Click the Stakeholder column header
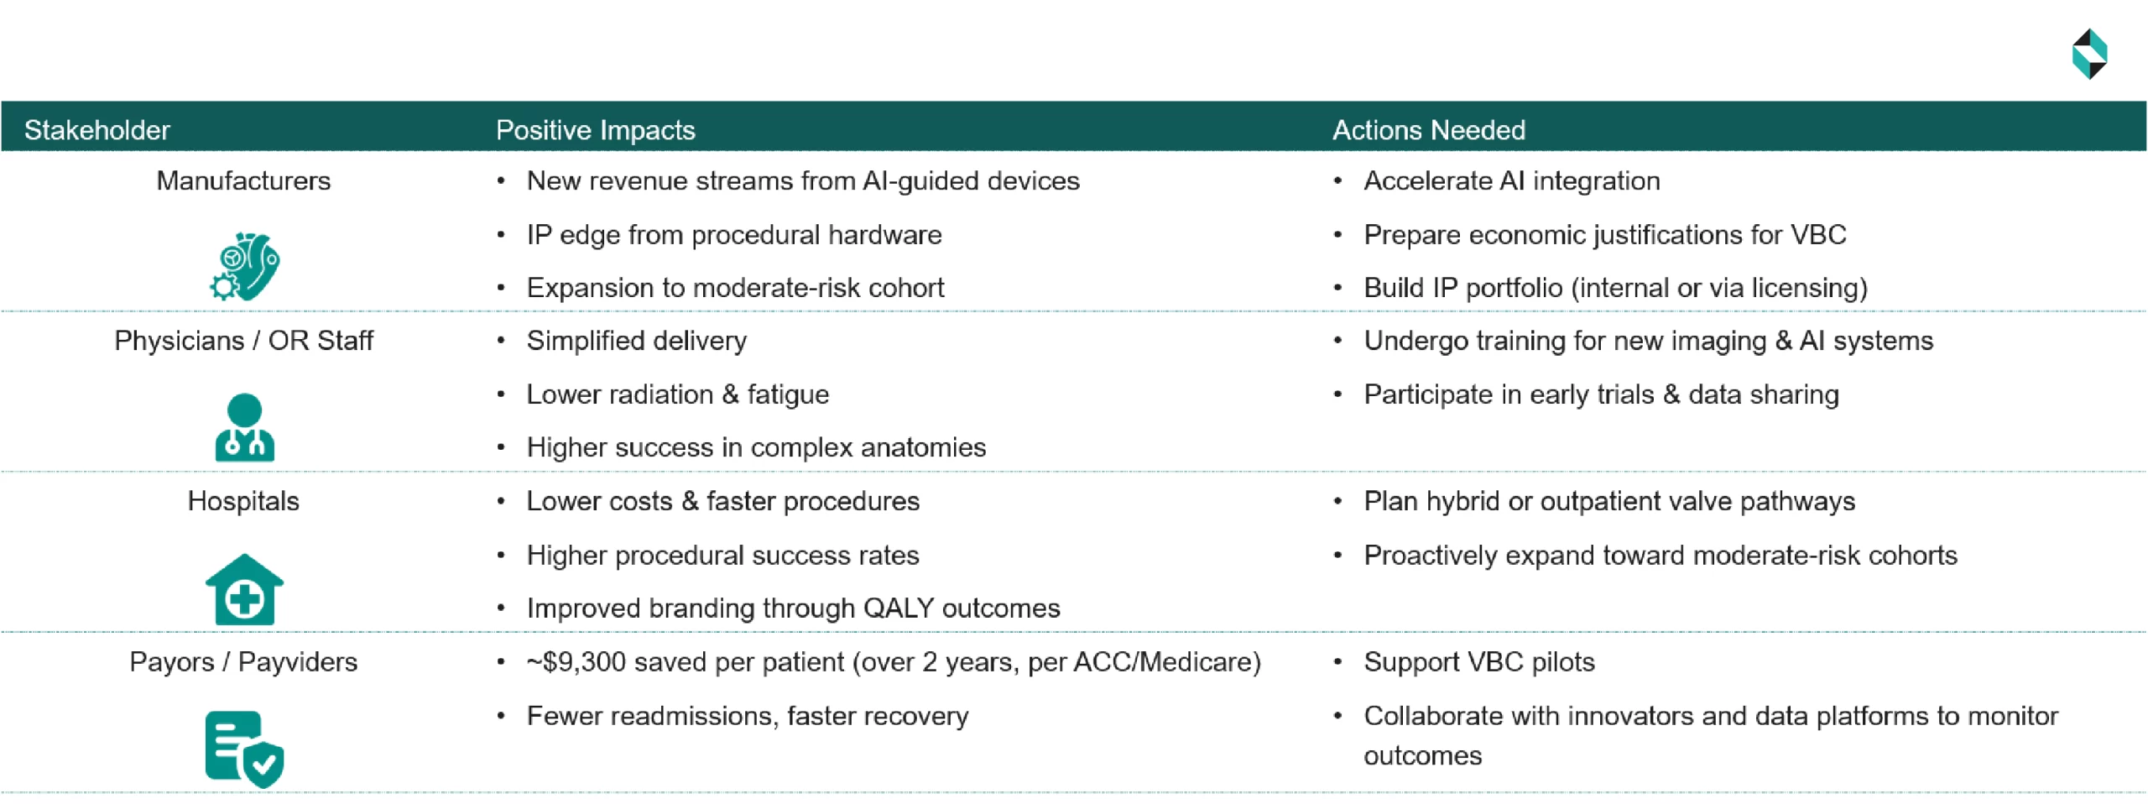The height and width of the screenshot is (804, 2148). coord(96,130)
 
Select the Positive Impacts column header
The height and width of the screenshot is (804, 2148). coord(595,130)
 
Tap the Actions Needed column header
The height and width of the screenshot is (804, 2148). coord(1428,130)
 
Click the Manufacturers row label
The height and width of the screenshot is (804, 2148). coord(243,181)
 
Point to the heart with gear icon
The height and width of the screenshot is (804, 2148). coord(245,266)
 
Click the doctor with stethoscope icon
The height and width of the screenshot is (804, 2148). coord(244,427)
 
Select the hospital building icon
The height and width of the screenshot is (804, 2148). coord(244,589)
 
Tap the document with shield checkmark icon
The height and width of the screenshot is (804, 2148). coord(244,749)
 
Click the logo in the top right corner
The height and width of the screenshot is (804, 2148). coord(2088,54)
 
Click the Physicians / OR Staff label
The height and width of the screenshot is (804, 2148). coord(243,341)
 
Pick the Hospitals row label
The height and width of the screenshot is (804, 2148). coord(243,501)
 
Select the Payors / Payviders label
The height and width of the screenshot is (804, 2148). coord(243,662)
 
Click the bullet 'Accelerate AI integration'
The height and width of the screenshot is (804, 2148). coord(1511,181)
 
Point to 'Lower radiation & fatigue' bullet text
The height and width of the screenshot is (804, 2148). coord(677,394)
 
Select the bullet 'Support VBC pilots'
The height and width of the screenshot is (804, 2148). coord(1478,662)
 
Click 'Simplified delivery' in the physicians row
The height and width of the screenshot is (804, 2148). coord(636,341)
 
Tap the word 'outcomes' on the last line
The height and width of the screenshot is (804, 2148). coord(1422,756)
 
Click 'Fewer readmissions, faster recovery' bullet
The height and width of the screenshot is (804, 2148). coord(747,716)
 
